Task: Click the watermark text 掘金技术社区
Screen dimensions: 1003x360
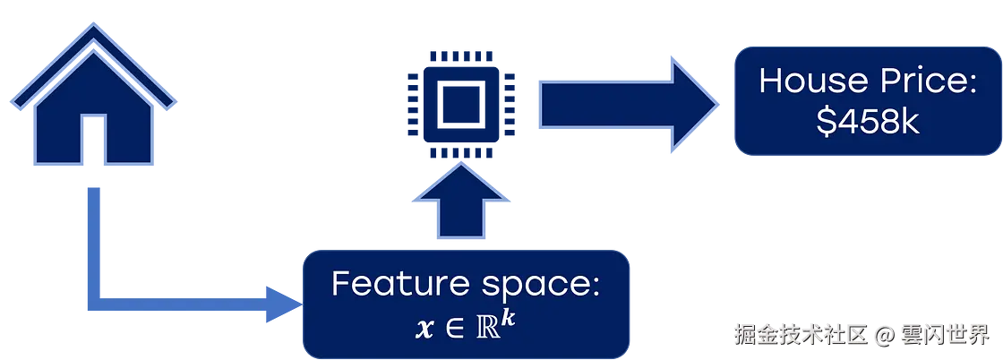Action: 800,336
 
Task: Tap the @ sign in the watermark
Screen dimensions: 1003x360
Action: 886,336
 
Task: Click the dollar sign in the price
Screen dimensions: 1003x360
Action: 826,123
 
